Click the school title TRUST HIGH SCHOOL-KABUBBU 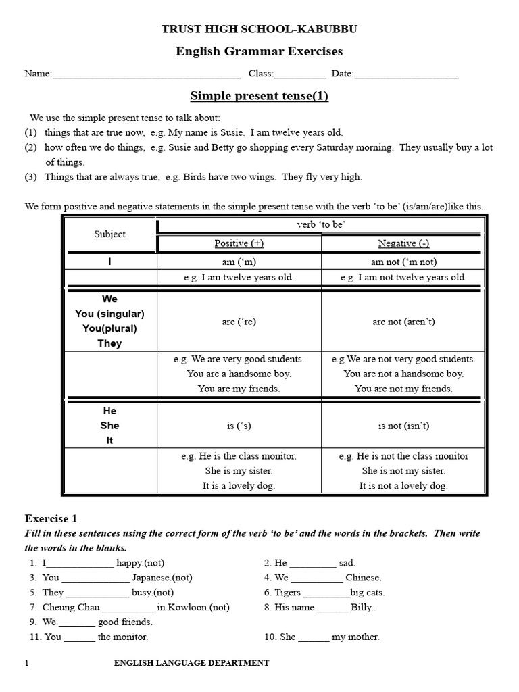coord(259,29)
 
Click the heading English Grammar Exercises coord(259,51)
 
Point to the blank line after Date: coord(406,74)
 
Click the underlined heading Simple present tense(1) coord(259,96)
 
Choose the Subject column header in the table coord(109,234)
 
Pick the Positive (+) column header coord(239,243)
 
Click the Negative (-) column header coord(403,243)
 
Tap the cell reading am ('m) coord(239,261)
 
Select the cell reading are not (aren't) coord(403,322)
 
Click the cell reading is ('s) coord(239,426)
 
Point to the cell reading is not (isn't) coord(403,426)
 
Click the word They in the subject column coord(109,343)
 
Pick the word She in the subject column coord(109,425)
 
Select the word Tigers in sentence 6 coord(288,593)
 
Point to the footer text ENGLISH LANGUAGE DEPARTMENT coord(191,663)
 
